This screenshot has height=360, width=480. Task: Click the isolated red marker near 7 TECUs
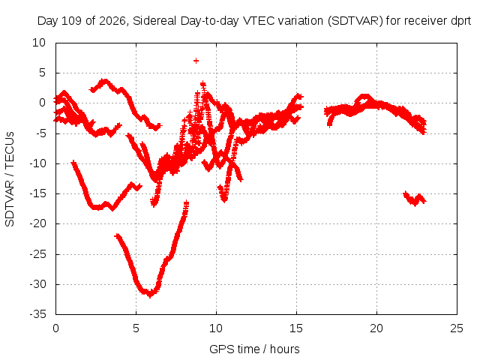(196, 61)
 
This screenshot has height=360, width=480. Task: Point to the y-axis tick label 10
(39, 43)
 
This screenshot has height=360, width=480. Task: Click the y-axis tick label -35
(37, 314)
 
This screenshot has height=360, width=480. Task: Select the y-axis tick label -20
(37, 223)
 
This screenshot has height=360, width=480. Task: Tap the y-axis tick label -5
(40, 133)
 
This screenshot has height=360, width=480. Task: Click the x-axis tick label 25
(457, 328)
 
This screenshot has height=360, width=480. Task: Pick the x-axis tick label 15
(296, 328)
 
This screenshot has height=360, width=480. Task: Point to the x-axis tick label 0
(55, 328)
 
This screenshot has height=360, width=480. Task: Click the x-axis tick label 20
(376, 328)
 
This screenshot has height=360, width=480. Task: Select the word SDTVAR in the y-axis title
(10, 203)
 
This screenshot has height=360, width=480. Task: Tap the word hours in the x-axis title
(285, 349)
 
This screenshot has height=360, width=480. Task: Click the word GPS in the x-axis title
(219, 349)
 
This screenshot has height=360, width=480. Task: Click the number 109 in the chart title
(72, 21)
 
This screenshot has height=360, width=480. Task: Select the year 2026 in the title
(112, 21)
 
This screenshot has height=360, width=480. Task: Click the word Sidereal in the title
(154, 21)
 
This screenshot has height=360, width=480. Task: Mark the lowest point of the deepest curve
(150, 295)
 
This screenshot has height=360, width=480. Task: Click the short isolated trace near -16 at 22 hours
(415, 199)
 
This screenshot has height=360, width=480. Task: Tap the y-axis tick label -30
(37, 284)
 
